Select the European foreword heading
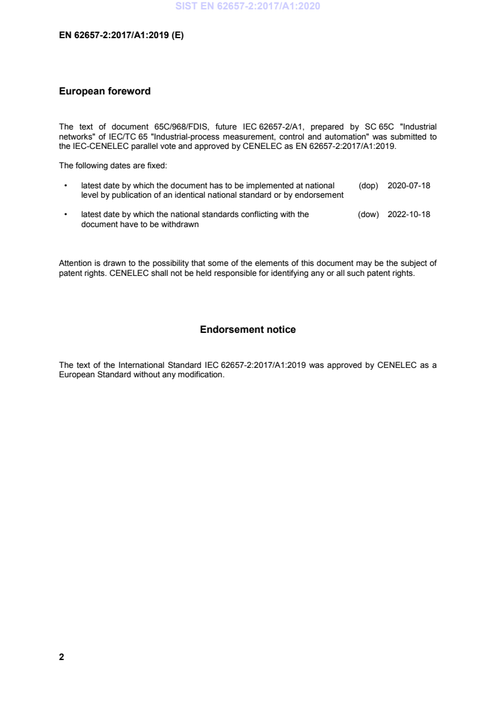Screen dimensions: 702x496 [x=104, y=91]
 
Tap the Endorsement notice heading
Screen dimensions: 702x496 [x=248, y=330]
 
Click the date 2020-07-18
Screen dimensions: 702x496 [x=409, y=186]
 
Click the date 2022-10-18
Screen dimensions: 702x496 [x=409, y=215]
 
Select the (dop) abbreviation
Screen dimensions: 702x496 [x=368, y=186]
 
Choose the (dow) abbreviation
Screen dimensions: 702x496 [x=368, y=215]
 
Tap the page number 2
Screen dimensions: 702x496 [x=61, y=658]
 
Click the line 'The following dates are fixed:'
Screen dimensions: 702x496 [x=108, y=166]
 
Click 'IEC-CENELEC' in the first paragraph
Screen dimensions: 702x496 [x=95, y=145]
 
